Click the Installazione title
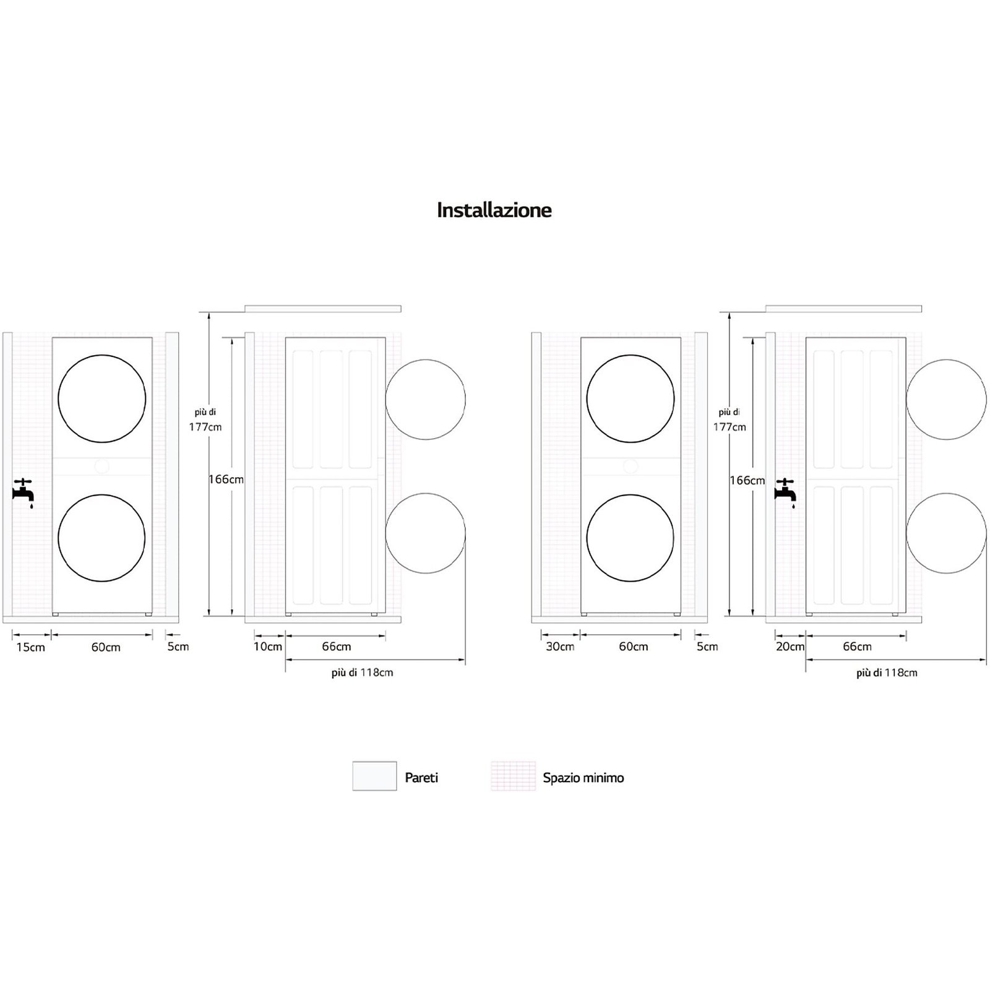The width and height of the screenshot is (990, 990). click(494, 210)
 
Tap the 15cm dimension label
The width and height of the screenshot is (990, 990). click(31, 647)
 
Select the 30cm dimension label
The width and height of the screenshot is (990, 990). click(559, 647)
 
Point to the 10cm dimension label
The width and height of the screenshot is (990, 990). click(268, 647)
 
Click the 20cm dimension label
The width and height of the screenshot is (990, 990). click(790, 647)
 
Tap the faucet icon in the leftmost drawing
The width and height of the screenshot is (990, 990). click(23, 493)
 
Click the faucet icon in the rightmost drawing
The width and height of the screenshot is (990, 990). click(785, 493)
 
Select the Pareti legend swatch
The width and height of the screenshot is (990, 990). click(374, 776)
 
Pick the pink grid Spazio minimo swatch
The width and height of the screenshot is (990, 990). click(514, 776)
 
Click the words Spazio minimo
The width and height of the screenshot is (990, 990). click(583, 778)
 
